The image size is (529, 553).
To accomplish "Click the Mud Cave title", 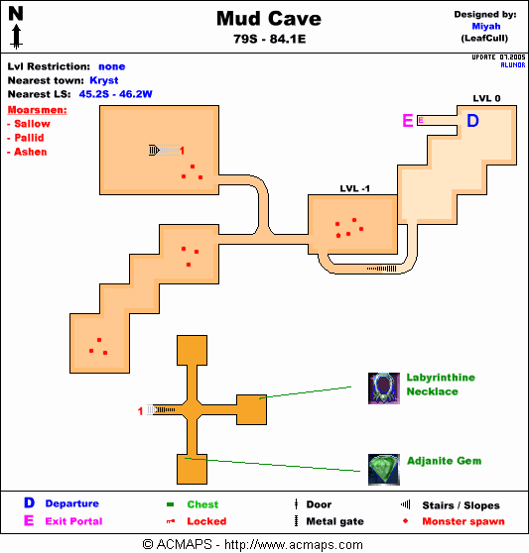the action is tap(269, 19).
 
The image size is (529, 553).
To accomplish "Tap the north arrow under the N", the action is tap(16, 36).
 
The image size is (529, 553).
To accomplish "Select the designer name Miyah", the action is tap(486, 27).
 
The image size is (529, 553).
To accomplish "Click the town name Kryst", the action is tap(104, 80).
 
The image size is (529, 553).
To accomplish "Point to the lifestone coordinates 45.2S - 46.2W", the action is tap(115, 94).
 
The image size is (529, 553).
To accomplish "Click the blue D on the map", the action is tap(472, 121).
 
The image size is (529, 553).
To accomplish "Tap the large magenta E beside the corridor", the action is tap(408, 121).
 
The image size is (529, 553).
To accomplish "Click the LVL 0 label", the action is tap(486, 98).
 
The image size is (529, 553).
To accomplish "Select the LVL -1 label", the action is tap(354, 188).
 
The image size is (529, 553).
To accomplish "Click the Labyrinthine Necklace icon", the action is tap(384, 388).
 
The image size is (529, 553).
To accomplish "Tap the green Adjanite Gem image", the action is tap(384, 470).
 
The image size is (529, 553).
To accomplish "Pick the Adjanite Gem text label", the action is tap(444, 461).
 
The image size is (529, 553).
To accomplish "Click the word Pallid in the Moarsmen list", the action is tap(29, 138).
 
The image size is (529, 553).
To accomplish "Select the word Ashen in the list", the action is tap(31, 152).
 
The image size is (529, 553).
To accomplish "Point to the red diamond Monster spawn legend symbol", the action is tap(405, 521).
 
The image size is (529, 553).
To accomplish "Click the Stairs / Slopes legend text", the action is tap(461, 505).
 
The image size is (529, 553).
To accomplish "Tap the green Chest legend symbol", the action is tap(170, 504).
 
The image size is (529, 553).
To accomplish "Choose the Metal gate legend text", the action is tap(334, 521).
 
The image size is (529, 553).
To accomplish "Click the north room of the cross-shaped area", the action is tap(192, 350).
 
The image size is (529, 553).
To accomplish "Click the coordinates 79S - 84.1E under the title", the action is tap(269, 39).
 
